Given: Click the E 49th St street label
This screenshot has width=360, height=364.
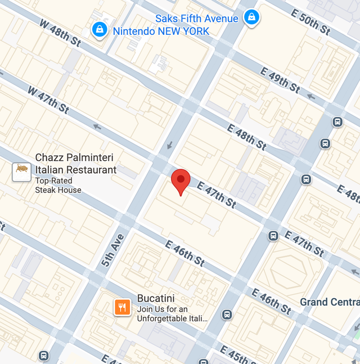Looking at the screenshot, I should (280, 79).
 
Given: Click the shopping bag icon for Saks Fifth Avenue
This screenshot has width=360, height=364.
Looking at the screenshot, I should (251, 17).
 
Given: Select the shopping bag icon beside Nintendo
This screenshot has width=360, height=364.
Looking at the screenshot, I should (100, 30).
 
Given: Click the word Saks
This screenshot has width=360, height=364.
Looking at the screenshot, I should (166, 19).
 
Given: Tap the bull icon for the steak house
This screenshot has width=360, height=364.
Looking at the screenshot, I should (21, 171).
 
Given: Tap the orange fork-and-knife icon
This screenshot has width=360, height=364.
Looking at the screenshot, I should (123, 307).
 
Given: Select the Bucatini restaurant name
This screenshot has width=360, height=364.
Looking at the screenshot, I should (156, 298).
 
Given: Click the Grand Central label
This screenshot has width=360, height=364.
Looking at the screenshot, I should (330, 302).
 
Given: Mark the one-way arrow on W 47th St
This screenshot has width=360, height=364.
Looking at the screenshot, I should (97, 127).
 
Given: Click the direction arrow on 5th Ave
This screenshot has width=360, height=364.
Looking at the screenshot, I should (169, 146).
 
